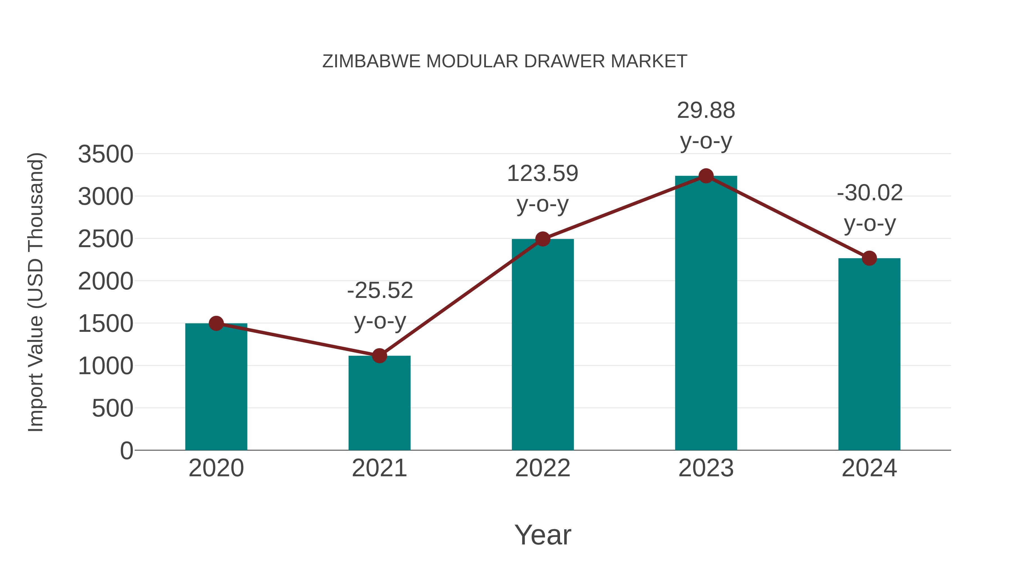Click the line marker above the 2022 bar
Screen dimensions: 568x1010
point(543,239)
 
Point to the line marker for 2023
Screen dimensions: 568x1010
point(706,176)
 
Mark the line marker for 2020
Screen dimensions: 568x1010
point(216,323)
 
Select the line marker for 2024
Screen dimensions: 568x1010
point(869,258)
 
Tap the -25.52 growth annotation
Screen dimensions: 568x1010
point(380,305)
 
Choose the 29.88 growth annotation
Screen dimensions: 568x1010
point(706,125)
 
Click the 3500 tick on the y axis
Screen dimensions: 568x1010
point(105,154)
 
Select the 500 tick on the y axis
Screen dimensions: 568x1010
point(113,408)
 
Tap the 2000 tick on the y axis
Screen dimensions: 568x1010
point(105,281)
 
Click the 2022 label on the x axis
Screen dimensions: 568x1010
point(543,468)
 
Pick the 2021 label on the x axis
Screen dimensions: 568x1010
point(379,468)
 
